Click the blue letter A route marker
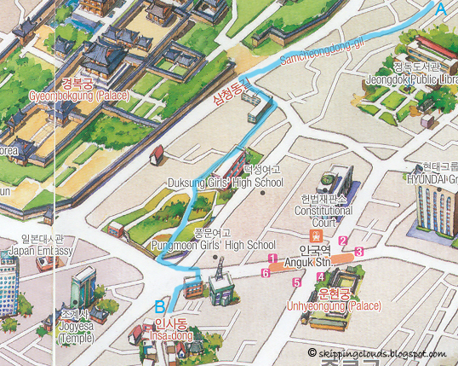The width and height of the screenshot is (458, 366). point(440,9)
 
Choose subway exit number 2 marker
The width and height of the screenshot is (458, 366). point(343,241)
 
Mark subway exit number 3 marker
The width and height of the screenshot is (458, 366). point(359,252)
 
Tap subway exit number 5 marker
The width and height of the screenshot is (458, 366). point(296,282)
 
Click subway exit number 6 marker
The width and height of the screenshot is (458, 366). point(266,273)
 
